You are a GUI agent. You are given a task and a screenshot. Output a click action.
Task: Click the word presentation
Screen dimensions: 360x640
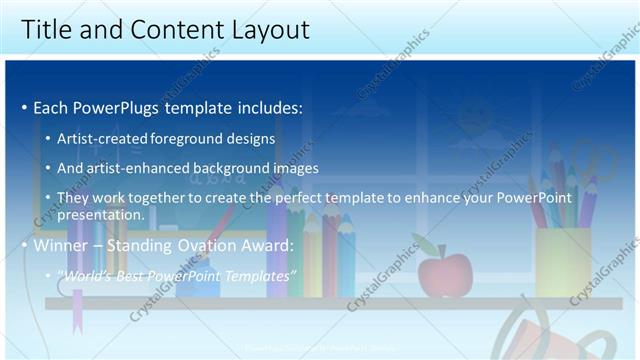[x=101, y=214]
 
